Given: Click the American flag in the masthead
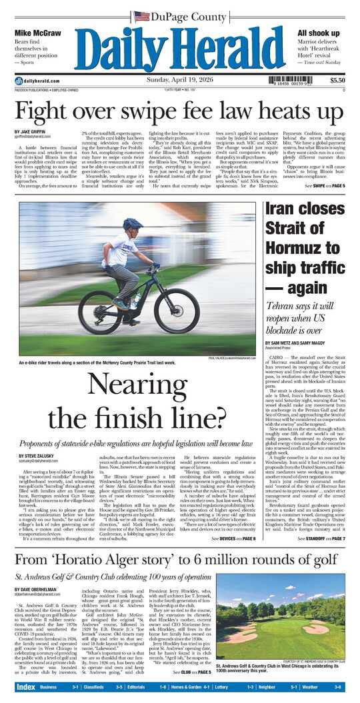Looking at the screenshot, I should (141, 15).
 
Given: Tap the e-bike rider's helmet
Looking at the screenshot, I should (133, 224).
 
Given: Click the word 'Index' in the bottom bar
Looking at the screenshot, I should (26, 686).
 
